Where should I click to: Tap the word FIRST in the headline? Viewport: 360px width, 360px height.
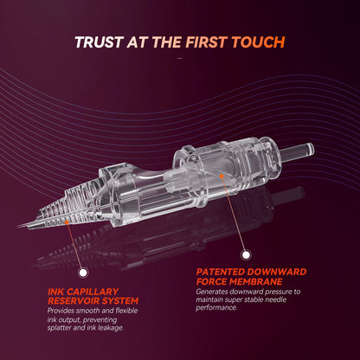tap(205, 42)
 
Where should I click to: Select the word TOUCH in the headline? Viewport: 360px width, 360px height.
tap(259, 42)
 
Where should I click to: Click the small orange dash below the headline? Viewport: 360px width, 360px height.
tap(180, 58)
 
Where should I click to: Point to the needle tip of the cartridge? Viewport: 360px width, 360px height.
tap(19, 226)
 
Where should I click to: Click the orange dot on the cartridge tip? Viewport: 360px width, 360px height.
tap(67, 222)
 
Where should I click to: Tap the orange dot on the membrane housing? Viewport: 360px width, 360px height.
tap(222, 176)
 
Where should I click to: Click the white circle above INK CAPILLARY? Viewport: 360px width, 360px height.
tap(83, 273)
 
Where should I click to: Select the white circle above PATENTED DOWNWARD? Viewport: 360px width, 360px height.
tap(246, 254)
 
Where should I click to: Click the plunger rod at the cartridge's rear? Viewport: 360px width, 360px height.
tap(297, 151)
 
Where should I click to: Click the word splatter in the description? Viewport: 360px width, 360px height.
tap(59, 328)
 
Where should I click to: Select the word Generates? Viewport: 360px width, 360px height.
tap(212, 292)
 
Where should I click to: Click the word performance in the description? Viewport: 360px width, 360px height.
tap(216, 307)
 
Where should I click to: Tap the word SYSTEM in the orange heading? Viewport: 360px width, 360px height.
tap(119, 301)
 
